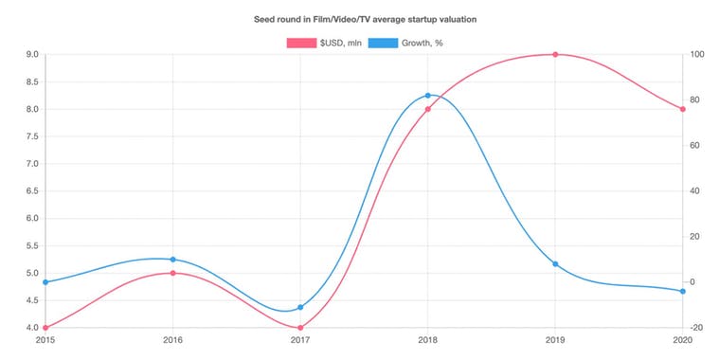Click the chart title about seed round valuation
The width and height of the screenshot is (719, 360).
359,19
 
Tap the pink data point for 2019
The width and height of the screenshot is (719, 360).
555,54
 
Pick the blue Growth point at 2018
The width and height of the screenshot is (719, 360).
428,96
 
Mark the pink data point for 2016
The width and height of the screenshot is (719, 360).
172,273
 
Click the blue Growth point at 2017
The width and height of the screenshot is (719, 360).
300,307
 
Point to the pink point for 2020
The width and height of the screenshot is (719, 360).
682,109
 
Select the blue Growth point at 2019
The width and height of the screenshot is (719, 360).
555,263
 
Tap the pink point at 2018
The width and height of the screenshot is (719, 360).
428,109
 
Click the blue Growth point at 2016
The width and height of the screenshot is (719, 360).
172,260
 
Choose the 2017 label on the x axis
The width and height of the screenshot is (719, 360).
300,339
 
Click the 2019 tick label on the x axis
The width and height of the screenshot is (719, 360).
555,339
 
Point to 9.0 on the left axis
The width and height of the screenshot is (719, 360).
31,55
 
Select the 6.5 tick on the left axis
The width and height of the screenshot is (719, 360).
31,191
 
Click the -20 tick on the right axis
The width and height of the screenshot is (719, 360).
696,328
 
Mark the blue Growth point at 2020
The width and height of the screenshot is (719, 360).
682,291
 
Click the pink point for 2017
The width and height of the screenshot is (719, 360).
300,328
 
